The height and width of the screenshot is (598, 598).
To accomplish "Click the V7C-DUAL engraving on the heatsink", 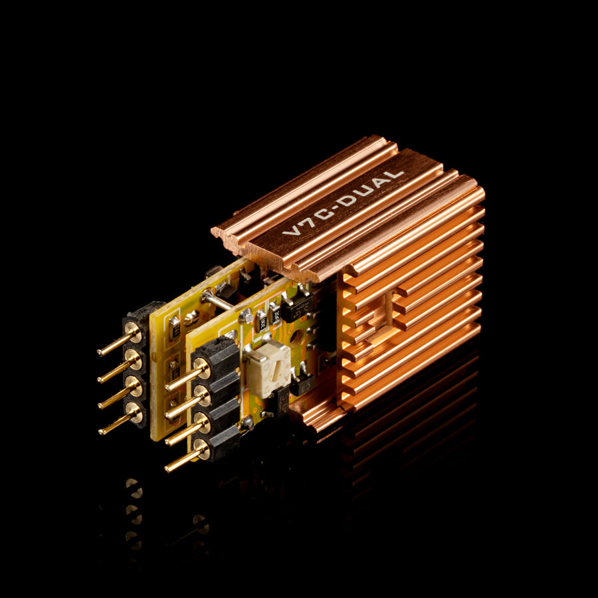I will coord(343,203).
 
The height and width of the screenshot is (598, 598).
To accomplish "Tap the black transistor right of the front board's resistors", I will coord(296,307).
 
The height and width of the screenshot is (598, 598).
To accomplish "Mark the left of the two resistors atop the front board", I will coord(260,319).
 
